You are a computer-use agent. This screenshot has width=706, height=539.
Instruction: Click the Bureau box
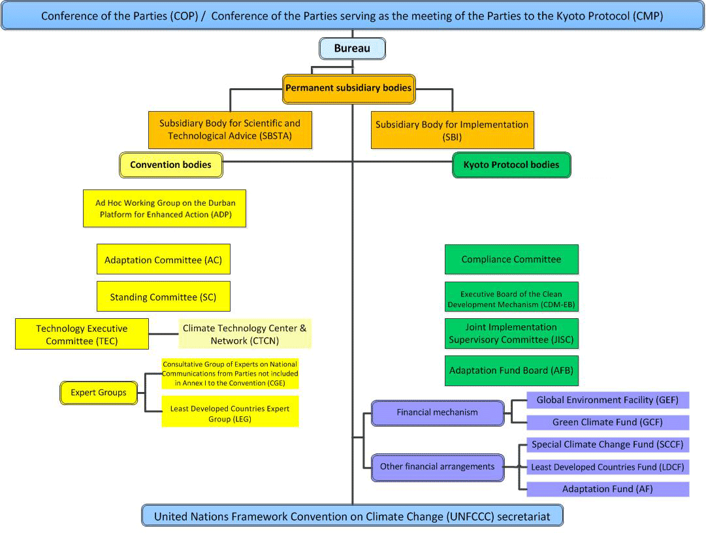(x=352, y=48)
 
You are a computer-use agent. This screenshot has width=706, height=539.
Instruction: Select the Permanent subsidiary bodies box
(x=349, y=88)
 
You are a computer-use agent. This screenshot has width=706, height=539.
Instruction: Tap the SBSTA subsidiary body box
(x=229, y=129)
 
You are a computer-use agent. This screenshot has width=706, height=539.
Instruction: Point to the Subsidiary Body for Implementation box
(x=452, y=130)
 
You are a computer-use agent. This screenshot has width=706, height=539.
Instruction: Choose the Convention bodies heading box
(x=170, y=165)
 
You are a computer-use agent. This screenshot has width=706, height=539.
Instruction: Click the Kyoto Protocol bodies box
(x=511, y=165)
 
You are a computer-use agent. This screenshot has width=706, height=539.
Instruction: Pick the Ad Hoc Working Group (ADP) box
(x=165, y=208)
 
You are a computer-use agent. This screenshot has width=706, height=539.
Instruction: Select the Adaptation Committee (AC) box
(x=163, y=259)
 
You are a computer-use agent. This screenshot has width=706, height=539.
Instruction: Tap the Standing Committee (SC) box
(x=163, y=297)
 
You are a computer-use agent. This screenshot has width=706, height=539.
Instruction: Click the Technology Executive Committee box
(x=82, y=334)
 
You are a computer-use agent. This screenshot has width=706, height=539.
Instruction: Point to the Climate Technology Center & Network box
(x=244, y=334)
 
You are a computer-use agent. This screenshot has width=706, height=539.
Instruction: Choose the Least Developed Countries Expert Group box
(x=229, y=412)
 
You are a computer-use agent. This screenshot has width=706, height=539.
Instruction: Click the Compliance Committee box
(x=511, y=259)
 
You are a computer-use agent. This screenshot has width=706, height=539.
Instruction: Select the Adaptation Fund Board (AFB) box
(x=511, y=370)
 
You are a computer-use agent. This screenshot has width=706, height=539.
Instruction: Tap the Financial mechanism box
(x=437, y=412)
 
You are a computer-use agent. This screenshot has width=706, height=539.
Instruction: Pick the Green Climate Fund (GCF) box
(x=607, y=422)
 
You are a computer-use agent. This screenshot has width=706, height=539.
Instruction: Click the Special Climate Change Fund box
(x=607, y=444)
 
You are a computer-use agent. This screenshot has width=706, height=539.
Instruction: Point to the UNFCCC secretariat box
(x=352, y=516)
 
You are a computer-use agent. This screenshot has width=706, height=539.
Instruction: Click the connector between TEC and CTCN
(x=163, y=334)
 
